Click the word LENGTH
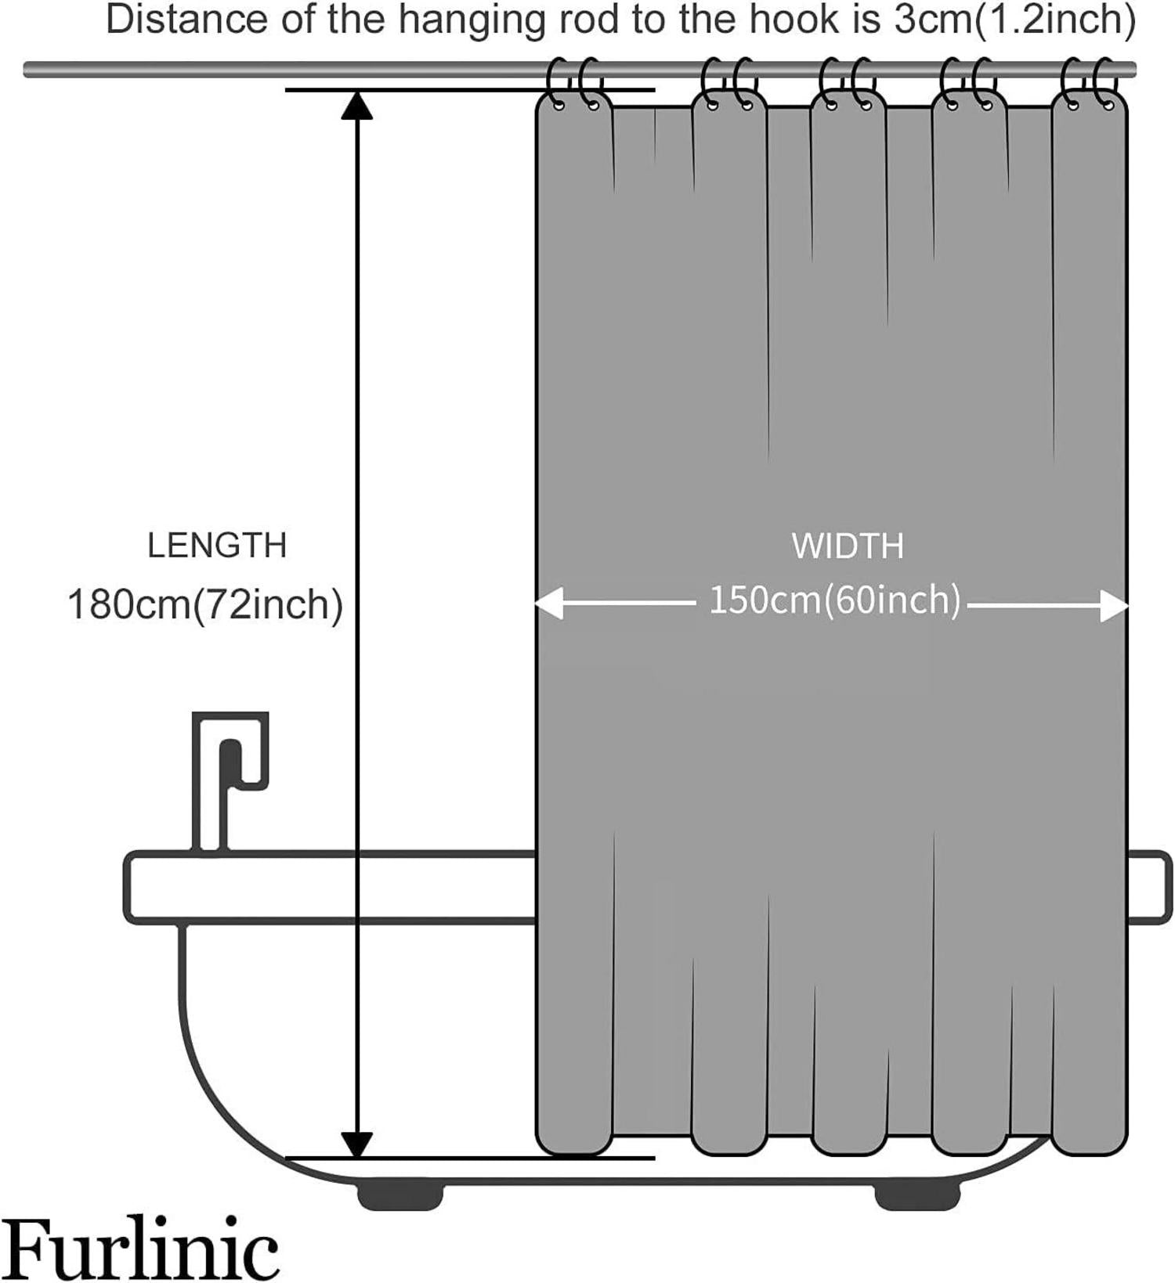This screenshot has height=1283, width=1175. pos(217,546)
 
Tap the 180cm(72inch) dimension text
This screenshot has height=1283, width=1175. pos(205,605)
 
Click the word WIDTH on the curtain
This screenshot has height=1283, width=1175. pos(848,546)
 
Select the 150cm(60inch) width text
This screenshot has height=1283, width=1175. pos(835,600)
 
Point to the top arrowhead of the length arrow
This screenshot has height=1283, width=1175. pos(357,105)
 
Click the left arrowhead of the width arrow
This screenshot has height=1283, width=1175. pos(548,604)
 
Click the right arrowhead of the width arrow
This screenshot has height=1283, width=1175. pos(1114,606)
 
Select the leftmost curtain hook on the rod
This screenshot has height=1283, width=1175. pos(559,83)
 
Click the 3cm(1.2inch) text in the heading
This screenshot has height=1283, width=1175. pos(1015,20)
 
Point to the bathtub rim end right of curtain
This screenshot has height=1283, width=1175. pos(1150,887)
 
